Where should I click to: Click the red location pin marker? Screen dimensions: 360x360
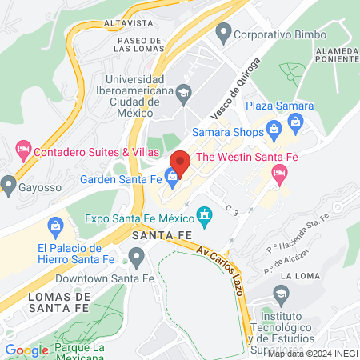point(180,162)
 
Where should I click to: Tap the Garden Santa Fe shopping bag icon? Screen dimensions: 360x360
point(171,176)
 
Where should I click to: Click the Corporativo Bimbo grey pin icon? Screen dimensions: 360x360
point(223,34)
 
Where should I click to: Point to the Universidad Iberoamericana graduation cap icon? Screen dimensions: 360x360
point(183,92)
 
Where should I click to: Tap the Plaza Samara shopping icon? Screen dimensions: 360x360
point(295,122)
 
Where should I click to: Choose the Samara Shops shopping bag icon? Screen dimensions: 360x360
point(274,127)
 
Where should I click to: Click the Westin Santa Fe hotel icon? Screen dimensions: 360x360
point(280,174)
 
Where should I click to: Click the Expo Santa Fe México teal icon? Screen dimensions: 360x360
point(205,214)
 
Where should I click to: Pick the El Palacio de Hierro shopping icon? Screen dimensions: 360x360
point(56,228)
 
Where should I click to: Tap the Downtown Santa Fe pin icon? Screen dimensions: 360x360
point(136,256)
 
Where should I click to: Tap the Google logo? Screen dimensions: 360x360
point(26,350)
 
